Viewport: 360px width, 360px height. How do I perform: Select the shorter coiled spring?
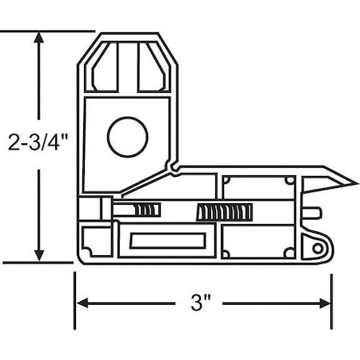[x=146, y=211]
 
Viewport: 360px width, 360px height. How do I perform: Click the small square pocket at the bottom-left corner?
[x=94, y=239]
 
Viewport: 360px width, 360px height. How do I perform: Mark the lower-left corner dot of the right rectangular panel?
[x=226, y=254]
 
